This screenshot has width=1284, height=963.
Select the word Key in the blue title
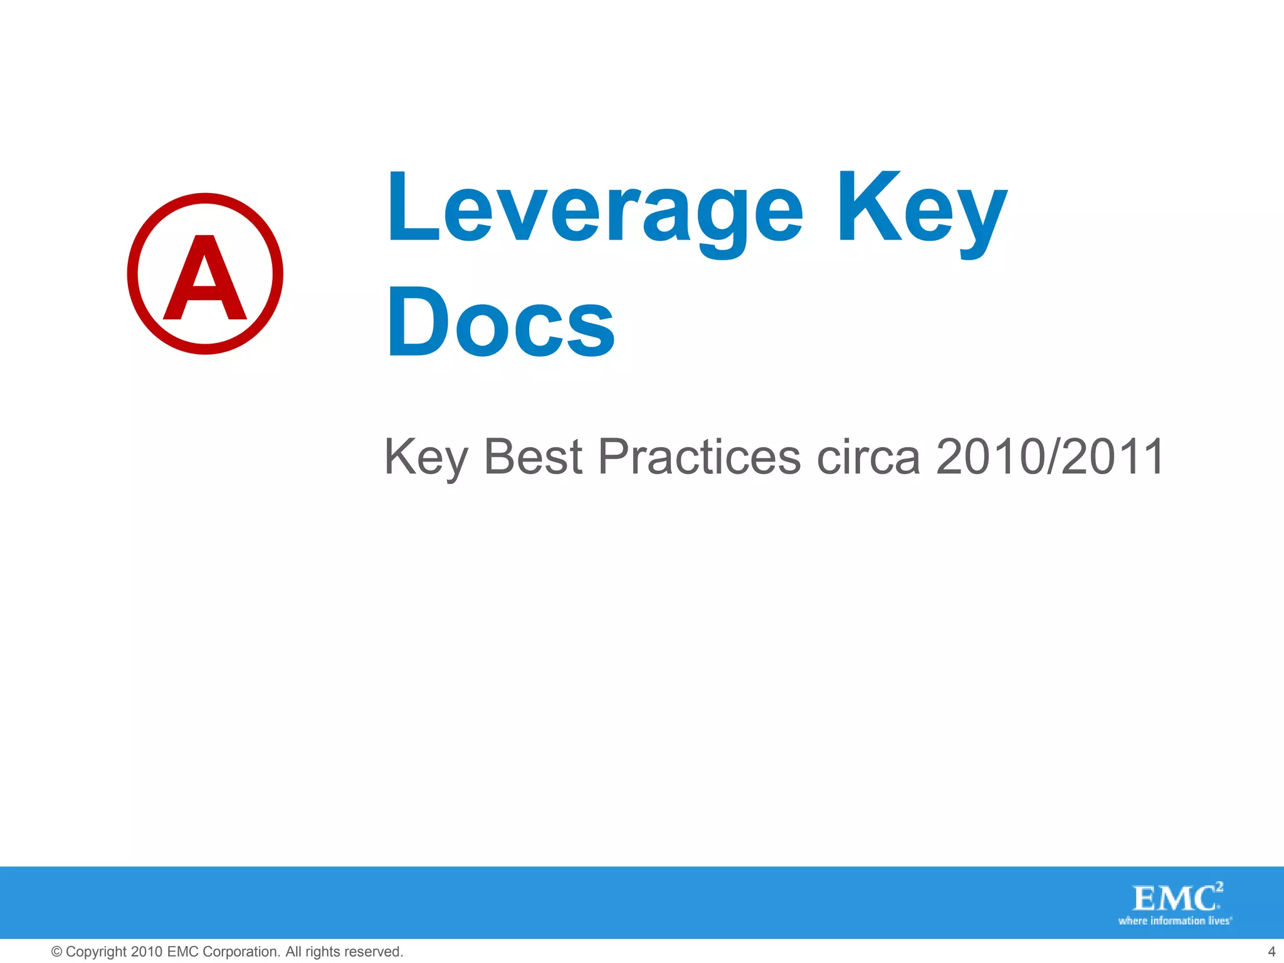pyautogui.click(x=922, y=210)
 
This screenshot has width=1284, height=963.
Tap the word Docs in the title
pyautogui.click(x=500, y=323)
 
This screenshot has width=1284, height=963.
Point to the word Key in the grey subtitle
pyautogui.click(x=426, y=457)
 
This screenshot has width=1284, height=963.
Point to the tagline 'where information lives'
pyautogui.click(x=1174, y=921)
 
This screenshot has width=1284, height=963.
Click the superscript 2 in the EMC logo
pyautogui.click(x=1219, y=887)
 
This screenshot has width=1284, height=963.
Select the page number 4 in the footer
pyautogui.click(x=1271, y=952)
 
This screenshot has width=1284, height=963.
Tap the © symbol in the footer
pyautogui.click(x=56, y=952)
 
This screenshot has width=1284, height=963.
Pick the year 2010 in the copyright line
pyautogui.click(x=147, y=952)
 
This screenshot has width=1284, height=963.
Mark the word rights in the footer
pyautogui.click(x=323, y=952)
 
